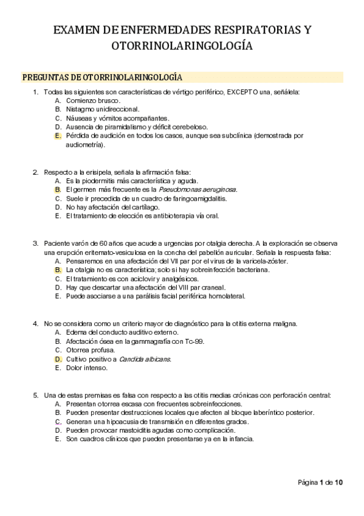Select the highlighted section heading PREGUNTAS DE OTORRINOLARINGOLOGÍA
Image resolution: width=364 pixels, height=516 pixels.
[x=102, y=77]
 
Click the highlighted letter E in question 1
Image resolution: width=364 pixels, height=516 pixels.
[x=58, y=136]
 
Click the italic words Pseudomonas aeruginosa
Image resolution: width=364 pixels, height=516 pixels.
[x=197, y=189]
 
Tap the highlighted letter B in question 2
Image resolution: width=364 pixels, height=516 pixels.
[x=58, y=189]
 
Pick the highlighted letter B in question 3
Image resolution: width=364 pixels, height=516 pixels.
[x=58, y=270]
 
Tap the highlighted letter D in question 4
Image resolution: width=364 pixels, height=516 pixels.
[x=58, y=359]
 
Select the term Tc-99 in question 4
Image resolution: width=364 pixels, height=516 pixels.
[x=194, y=341]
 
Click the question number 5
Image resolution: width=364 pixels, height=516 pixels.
[x=36, y=395]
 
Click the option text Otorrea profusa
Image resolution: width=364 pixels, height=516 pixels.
[x=88, y=350]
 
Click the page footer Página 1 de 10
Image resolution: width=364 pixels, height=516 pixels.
[x=320, y=483]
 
